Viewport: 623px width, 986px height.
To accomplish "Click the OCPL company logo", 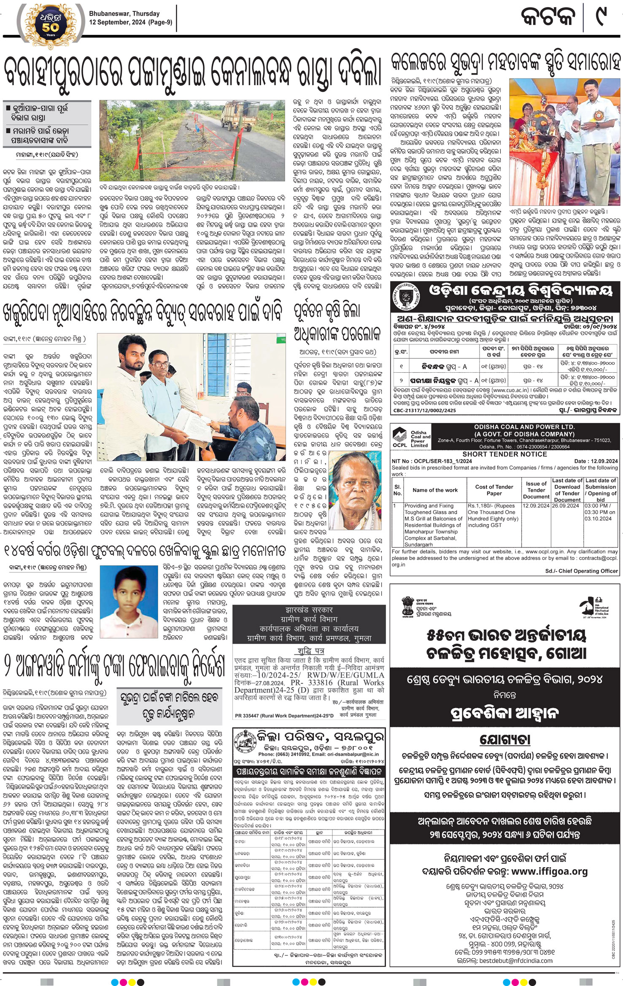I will coord(400,437).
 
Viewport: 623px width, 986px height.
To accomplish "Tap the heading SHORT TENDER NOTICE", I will coord(504,454).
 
